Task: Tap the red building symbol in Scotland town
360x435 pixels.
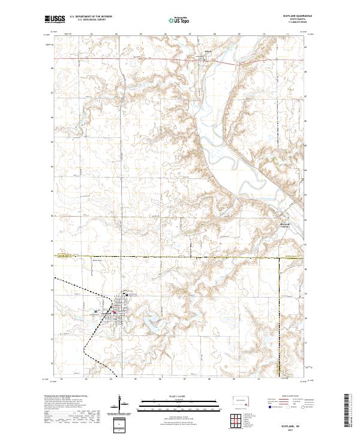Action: [114, 311]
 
